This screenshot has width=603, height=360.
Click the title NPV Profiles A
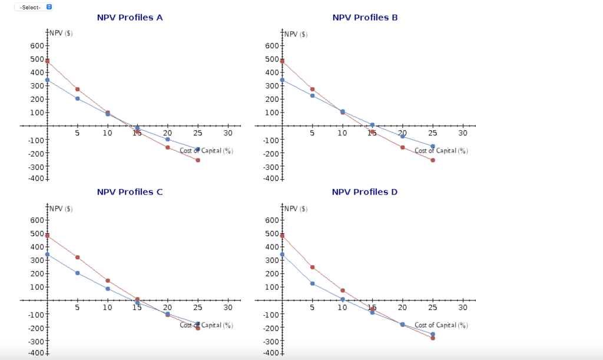[x=130, y=18]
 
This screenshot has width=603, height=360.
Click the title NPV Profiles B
[x=365, y=18]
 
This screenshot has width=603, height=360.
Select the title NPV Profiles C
[x=130, y=192]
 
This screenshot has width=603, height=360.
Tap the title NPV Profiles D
[x=365, y=192]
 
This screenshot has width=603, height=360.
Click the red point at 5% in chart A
[x=77, y=89]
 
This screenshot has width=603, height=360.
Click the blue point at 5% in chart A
[x=77, y=98]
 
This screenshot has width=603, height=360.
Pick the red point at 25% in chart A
[x=198, y=160]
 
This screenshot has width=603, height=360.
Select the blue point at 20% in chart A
[x=167, y=139]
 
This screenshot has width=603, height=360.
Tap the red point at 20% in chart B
[x=403, y=147]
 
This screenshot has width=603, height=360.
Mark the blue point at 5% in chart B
[x=312, y=95]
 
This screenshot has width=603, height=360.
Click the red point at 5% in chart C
[x=77, y=257]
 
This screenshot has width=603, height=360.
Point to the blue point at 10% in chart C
[x=108, y=289]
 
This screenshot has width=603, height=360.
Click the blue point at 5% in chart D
[x=312, y=283]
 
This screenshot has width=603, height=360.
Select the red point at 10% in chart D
[x=343, y=290]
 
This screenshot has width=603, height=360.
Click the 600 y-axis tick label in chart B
[x=271, y=46]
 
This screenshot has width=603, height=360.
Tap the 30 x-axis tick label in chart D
[x=463, y=308]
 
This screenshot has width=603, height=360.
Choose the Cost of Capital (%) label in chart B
[x=441, y=151]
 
